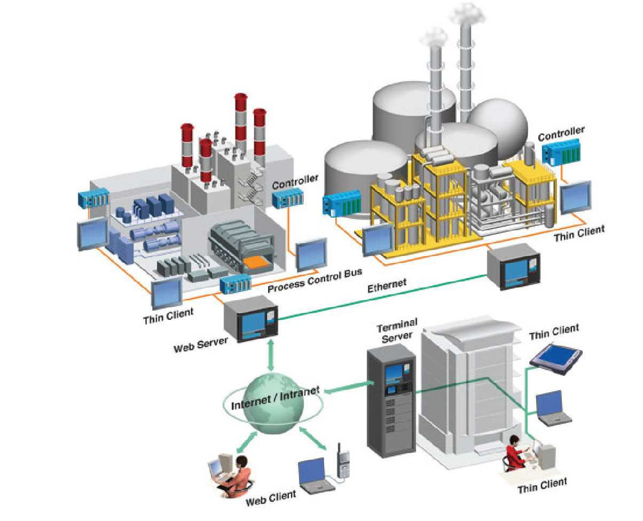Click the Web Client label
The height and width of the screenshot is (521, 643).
(271, 498)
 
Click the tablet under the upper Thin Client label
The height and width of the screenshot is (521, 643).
(556, 358)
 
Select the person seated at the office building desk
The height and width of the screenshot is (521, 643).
(516, 452)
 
